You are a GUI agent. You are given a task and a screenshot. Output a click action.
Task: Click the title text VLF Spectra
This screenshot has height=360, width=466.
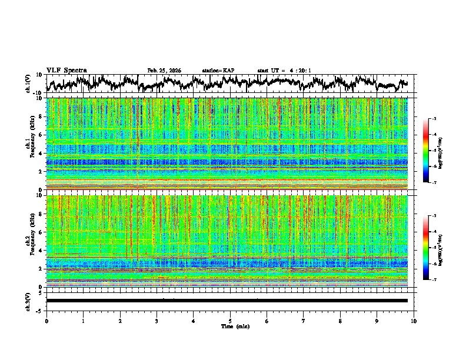[x=66, y=71]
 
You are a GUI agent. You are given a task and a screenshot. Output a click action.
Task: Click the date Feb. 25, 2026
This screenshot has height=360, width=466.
[x=164, y=71]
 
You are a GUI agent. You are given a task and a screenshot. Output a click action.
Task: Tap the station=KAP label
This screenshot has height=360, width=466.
[x=218, y=71]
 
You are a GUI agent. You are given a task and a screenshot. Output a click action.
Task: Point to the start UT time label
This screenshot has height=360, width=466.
[x=284, y=71]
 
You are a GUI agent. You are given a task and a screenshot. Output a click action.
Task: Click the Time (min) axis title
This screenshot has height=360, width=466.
[x=235, y=326]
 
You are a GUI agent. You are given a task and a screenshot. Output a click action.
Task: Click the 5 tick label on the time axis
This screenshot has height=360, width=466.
[x=230, y=321]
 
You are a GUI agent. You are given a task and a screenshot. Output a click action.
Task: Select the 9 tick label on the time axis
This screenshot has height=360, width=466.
[x=377, y=321]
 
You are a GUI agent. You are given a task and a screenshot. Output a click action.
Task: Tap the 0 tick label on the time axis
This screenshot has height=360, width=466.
[x=46, y=321]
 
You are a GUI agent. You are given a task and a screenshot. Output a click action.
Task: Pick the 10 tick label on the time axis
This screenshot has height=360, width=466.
[x=414, y=321]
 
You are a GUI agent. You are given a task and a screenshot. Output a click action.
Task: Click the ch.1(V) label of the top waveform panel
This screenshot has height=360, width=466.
[x=28, y=84]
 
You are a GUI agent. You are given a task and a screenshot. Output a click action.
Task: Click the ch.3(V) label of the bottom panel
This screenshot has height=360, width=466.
[x=28, y=300]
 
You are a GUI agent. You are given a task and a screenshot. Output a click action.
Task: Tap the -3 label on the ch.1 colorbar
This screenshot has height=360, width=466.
[x=434, y=119]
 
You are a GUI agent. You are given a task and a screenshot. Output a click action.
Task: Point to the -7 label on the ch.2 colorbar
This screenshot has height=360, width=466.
[x=434, y=280]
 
